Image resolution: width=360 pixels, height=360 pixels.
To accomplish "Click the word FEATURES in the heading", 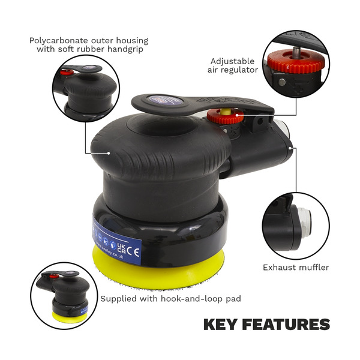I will (x=289, y=325).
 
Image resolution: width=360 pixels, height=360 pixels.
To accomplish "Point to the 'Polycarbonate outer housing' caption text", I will (x=89, y=41).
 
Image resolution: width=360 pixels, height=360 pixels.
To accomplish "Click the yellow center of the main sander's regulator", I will (x=226, y=112).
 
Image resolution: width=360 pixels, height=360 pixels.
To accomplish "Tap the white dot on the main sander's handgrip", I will (x=108, y=152).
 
